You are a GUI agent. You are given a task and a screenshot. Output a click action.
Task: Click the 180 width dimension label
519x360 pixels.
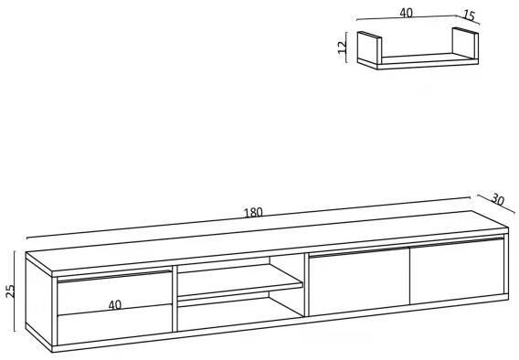253,212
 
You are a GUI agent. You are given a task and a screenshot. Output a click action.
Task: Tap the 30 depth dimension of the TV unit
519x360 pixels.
497,199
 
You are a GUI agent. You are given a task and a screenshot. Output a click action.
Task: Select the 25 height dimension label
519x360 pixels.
10,291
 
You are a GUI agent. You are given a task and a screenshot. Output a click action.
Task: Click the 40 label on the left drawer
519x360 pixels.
115,305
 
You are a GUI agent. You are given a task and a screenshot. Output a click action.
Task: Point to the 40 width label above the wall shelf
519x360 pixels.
406,13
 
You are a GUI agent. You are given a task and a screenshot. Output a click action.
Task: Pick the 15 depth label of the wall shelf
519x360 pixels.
469,16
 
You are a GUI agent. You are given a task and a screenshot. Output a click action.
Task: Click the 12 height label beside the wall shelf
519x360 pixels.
342,47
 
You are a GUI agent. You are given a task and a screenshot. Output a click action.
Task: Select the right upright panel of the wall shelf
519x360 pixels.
465,44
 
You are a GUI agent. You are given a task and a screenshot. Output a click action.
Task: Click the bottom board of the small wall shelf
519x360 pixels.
427,61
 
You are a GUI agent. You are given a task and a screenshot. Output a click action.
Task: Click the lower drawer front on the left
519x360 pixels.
114,325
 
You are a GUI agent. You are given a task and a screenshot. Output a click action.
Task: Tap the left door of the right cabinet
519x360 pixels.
359,281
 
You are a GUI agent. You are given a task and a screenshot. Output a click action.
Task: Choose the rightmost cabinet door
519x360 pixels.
457,270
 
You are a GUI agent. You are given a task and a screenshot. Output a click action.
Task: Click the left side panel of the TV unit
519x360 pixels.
38,302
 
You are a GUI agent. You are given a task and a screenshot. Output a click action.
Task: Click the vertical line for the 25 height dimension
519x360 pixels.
15,291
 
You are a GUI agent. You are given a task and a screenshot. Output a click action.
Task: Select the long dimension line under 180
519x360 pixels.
249,217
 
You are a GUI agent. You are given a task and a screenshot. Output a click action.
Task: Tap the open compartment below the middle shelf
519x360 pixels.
240,314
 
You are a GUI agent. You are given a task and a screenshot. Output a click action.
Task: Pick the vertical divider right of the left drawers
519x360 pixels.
175,299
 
